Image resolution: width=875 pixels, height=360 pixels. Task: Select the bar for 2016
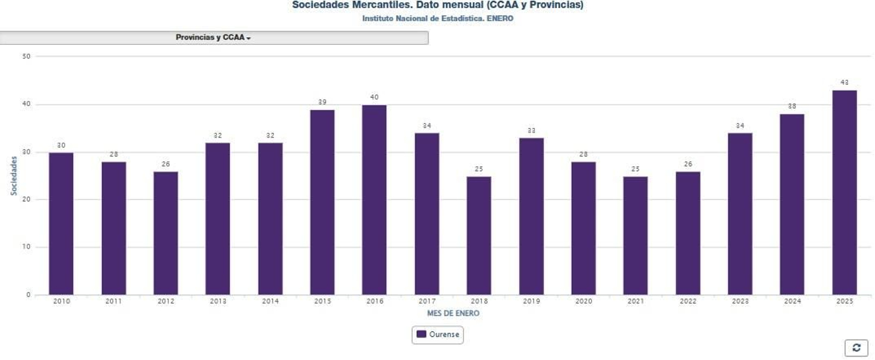[x=374, y=200]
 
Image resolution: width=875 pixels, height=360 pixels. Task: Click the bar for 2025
[x=844, y=193]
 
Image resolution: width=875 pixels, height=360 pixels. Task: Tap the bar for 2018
[x=479, y=235]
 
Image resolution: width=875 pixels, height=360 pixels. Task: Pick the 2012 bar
[x=166, y=233]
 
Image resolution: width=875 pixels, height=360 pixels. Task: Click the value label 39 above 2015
[x=322, y=102]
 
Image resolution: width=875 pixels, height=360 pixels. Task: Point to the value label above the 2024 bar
[x=792, y=106]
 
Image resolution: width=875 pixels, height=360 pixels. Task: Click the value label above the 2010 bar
[x=61, y=146]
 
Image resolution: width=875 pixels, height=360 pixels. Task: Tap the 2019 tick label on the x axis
[x=531, y=301]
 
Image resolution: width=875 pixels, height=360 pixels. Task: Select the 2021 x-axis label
[x=635, y=301]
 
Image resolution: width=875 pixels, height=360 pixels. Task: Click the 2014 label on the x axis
[x=270, y=301]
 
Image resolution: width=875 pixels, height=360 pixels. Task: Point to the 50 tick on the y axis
[x=26, y=56]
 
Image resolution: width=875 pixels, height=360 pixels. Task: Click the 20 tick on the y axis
[x=26, y=200]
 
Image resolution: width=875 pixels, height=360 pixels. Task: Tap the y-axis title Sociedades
[x=14, y=176]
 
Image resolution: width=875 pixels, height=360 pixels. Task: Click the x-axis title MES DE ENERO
[x=453, y=313]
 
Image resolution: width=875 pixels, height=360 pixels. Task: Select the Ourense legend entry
[x=437, y=334]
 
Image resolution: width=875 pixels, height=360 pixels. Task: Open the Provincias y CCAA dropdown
[x=213, y=38]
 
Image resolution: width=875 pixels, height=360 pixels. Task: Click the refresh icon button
[x=856, y=347]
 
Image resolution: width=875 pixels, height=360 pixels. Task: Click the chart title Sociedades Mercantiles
[x=437, y=5]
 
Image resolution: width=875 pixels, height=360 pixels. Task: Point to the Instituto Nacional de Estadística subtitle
[x=437, y=19]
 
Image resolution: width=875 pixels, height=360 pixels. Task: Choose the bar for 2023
[x=740, y=214]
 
